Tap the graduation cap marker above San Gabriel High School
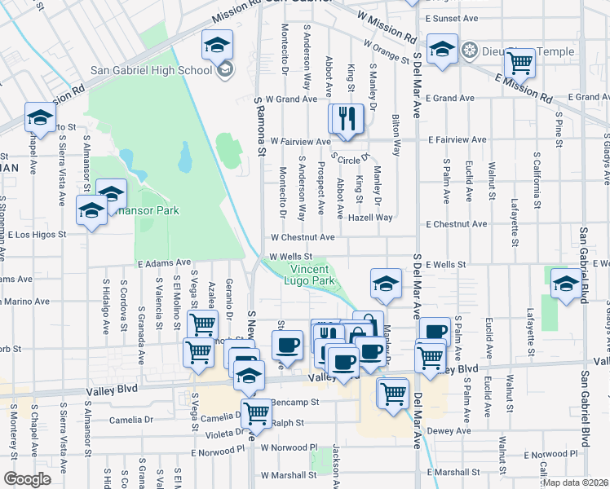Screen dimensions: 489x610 pyautogui.click(x=218, y=45)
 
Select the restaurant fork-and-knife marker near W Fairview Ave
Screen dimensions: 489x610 pyautogui.click(x=346, y=118)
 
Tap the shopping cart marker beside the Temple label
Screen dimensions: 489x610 pyautogui.click(x=519, y=63)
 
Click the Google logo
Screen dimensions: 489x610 pyautogui.click(x=27, y=478)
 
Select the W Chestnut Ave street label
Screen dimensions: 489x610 pyautogui.click(x=303, y=237)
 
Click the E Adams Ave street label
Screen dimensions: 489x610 pyautogui.click(x=163, y=264)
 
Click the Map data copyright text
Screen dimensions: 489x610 pyautogui.click(x=575, y=482)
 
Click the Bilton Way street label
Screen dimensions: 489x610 pyautogui.click(x=397, y=134)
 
